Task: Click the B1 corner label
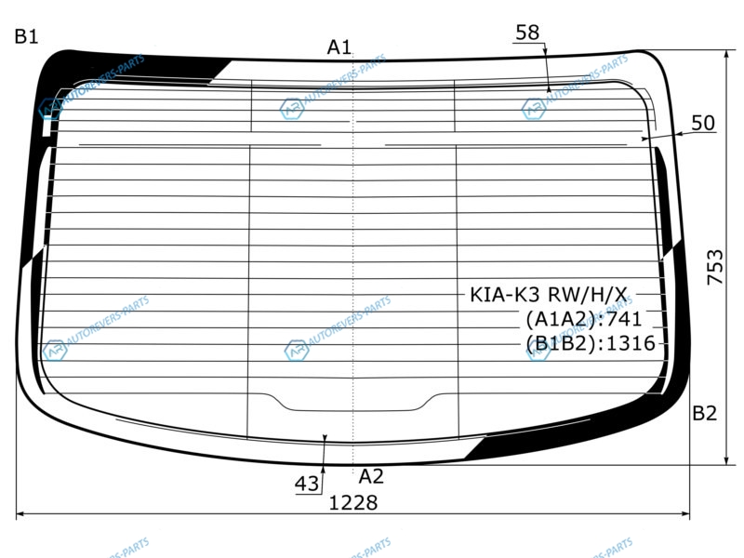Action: click(x=26, y=36)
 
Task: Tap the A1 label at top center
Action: click(x=339, y=47)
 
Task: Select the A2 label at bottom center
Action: click(x=370, y=476)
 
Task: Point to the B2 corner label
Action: click(x=704, y=413)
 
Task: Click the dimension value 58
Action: click(x=527, y=33)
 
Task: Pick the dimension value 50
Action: click(x=703, y=123)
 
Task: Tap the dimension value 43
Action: click(x=307, y=484)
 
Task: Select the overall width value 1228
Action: click(x=353, y=502)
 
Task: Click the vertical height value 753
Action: click(x=715, y=267)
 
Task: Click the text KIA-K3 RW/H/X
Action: click(x=548, y=295)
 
